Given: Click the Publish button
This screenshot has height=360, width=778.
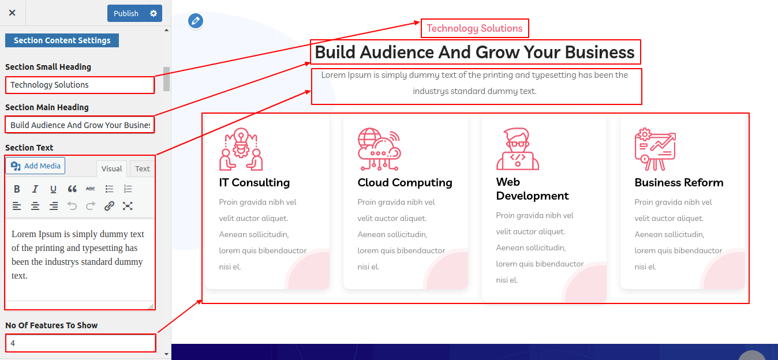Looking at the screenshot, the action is (126, 13).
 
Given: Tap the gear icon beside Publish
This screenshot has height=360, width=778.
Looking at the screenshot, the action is (154, 13).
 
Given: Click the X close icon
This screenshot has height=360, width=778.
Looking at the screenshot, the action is (12, 13).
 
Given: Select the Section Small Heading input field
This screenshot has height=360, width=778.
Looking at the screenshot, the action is (80, 85).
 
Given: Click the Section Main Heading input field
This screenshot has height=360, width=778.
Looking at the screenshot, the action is (80, 125).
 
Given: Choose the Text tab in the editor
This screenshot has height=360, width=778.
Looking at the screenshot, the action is (143, 168).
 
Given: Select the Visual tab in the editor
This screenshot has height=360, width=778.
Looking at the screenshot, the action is (111, 168).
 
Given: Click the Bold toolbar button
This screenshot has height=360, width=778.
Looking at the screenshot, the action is (17, 189).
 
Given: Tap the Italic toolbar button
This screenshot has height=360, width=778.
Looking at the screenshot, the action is (35, 189).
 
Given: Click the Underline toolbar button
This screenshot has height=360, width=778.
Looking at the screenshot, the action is (53, 189).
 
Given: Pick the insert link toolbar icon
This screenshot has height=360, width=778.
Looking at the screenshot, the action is (109, 206).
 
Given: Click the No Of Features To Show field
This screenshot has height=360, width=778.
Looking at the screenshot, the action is (81, 343).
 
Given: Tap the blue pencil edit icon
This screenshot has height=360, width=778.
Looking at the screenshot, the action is (196, 21).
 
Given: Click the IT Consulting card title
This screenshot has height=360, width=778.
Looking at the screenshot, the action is (255, 183).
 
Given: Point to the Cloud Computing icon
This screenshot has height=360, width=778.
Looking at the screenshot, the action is (379, 149).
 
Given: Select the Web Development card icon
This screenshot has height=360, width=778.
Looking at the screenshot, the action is (518, 149).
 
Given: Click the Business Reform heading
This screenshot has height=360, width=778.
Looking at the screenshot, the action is (679, 183).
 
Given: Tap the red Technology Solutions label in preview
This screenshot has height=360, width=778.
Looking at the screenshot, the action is (474, 28).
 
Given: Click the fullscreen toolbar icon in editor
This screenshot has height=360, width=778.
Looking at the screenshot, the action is (128, 206).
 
